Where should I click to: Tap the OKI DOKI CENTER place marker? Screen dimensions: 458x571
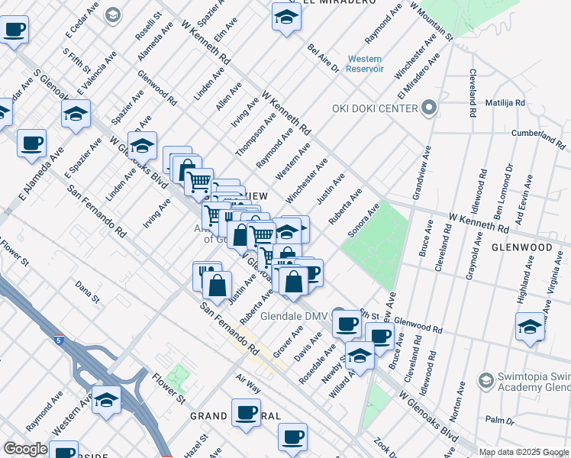[x=428, y=108]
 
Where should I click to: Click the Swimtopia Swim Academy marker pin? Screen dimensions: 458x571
[x=485, y=379]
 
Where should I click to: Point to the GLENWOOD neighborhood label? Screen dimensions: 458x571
[x=521, y=248]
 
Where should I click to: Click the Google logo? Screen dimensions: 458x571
[x=25, y=449]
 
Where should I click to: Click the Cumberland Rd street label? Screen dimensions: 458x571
[x=538, y=136]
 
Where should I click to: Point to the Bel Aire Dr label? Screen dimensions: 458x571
[x=323, y=58]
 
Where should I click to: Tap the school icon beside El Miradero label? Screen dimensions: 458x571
[x=285, y=17]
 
